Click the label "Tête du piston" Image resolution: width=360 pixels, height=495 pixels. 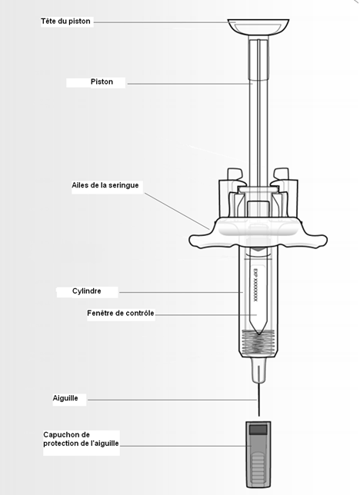65,22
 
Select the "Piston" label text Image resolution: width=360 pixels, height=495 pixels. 102,81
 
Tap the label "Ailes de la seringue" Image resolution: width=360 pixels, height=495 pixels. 105,185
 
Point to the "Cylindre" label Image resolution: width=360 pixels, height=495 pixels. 87,291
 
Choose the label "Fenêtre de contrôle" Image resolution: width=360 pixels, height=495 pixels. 121,313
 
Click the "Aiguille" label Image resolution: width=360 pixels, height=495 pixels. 65,398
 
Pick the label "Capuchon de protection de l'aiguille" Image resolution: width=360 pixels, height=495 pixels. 81,439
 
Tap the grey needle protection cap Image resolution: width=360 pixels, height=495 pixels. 258,454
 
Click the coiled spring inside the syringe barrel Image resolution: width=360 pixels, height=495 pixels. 259,342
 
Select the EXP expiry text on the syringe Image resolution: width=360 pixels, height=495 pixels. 255,284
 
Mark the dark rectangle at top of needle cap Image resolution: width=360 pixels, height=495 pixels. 258,430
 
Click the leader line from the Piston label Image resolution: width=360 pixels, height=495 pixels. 190,84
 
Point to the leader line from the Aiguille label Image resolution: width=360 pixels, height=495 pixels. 172,400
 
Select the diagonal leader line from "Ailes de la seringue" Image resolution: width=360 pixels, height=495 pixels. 177,211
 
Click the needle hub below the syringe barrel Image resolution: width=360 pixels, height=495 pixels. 259,370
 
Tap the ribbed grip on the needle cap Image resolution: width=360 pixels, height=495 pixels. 258,467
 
